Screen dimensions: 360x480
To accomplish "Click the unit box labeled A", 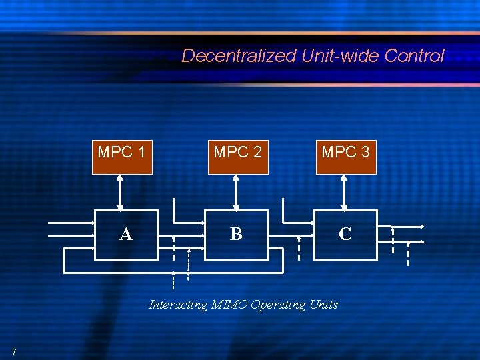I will pyautogui.click(x=127, y=235).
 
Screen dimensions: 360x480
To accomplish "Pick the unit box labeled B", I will pyautogui.click(x=236, y=235).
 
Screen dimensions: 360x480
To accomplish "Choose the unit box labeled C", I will pyautogui.click(x=345, y=235).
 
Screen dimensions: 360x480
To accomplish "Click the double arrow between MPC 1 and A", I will pyautogui.click(x=120, y=192).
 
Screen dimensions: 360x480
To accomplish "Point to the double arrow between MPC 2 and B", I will pyautogui.click(x=235, y=192).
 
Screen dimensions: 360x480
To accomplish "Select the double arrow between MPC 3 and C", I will pyautogui.click(x=344, y=192).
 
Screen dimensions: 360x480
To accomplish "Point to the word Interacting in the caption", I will pyautogui.click(x=178, y=305).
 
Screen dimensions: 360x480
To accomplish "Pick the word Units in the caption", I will pyautogui.click(x=323, y=305).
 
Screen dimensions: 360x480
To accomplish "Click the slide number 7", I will pyautogui.click(x=13, y=351).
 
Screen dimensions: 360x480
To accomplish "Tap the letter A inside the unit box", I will pyautogui.click(x=125, y=235).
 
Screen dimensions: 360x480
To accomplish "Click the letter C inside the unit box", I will pyautogui.click(x=345, y=234).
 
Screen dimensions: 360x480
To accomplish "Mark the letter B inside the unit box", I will pyautogui.click(x=236, y=234).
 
